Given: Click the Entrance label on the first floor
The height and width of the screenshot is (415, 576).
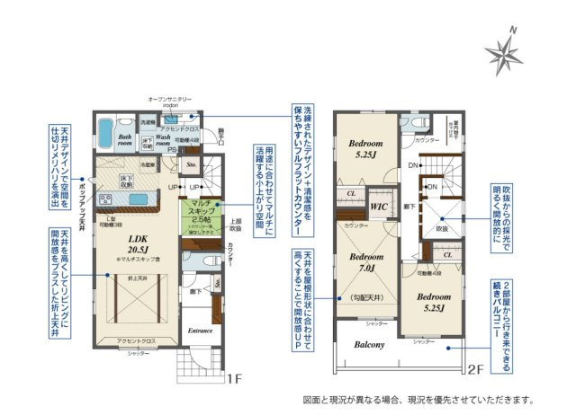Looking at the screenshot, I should tap(199, 330).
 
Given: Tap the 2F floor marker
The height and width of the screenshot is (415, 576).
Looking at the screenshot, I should tap(474, 368).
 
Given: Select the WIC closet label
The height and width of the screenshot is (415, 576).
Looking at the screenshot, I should tap(379, 207).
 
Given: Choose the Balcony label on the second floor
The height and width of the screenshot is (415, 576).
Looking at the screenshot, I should tap(369, 344).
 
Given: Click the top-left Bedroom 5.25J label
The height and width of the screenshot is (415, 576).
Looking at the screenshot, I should tap(366, 148).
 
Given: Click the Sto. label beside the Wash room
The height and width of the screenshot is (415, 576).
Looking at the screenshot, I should tap(191, 165).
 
